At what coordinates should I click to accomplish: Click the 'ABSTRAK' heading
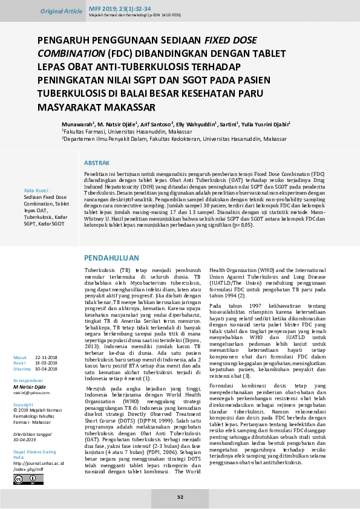click(96, 164)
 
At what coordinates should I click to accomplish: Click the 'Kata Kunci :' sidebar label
click(37, 190)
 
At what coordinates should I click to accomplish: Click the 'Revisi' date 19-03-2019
click(46, 363)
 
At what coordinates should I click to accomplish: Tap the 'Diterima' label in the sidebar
click(22, 368)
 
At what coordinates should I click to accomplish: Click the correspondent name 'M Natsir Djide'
click(30, 385)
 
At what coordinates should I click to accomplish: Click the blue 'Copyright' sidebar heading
click(24, 404)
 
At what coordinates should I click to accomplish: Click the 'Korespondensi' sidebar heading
click(30, 380)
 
